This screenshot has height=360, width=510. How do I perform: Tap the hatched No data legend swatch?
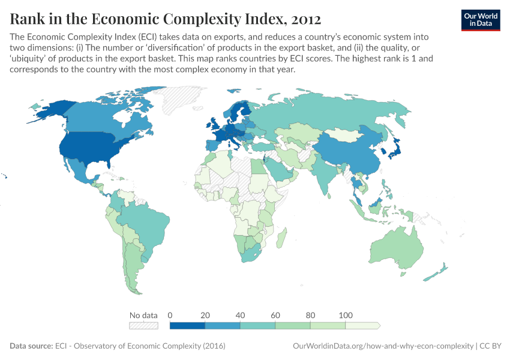(x=143, y=326)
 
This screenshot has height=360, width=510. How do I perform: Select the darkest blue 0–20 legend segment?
(x=187, y=326)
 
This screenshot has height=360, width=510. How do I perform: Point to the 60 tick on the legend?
(x=275, y=316)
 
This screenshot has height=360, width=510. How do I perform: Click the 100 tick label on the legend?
(x=346, y=316)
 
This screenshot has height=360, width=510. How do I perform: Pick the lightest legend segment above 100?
(x=362, y=326)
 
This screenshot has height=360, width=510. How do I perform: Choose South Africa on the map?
(x=252, y=252)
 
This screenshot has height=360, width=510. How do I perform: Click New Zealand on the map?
(x=435, y=273)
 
